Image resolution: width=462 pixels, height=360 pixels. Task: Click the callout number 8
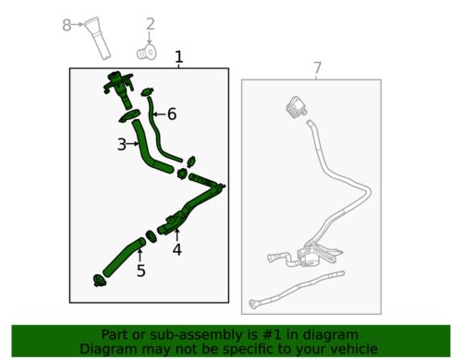point(67,25)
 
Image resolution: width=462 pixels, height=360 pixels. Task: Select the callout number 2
point(150,24)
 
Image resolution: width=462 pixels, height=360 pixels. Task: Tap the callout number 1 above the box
point(178,57)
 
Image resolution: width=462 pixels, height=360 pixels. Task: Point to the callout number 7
point(317,68)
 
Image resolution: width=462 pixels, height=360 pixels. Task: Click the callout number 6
point(172,114)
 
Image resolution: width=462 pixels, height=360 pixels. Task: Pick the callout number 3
point(122,144)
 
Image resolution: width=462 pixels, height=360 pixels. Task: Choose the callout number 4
point(176,249)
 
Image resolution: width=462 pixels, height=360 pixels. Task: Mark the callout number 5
point(141,270)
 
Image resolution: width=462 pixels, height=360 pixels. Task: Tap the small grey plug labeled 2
point(147,53)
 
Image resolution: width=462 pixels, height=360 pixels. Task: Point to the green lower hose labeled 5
point(123,257)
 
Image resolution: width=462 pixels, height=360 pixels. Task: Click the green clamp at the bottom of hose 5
point(99,281)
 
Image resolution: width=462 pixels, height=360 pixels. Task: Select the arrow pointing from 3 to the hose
point(133,144)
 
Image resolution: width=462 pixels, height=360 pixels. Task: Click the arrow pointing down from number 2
point(150,39)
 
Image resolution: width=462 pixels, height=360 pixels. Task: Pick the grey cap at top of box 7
point(296,106)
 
